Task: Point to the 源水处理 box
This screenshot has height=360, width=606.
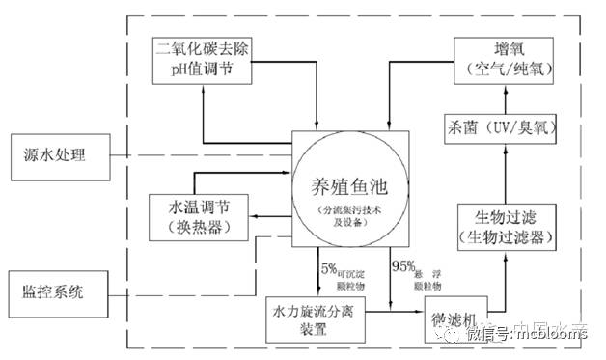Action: (55, 154)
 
